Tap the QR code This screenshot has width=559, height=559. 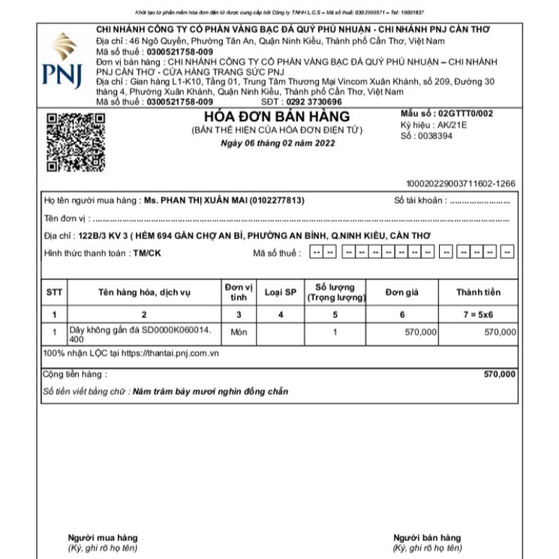[x=75, y=142]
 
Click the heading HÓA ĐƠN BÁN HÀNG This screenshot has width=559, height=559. [x=277, y=117]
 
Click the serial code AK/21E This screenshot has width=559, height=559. [x=450, y=125]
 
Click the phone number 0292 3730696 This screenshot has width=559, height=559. [x=314, y=101]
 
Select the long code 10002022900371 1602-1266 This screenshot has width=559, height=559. [x=460, y=183]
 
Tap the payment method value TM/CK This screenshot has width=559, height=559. [x=146, y=253]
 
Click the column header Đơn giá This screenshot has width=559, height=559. [x=401, y=293]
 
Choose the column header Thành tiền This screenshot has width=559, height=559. [x=478, y=293]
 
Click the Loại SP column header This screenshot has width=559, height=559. [x=281, y=293]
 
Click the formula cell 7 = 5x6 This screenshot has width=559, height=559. [x=478, y=314]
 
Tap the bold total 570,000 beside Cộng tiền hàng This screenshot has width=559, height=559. [x=499, y=374]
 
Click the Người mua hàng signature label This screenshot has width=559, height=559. [x=103, y=538]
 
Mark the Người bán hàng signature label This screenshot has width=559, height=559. [x=427, y=538]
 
